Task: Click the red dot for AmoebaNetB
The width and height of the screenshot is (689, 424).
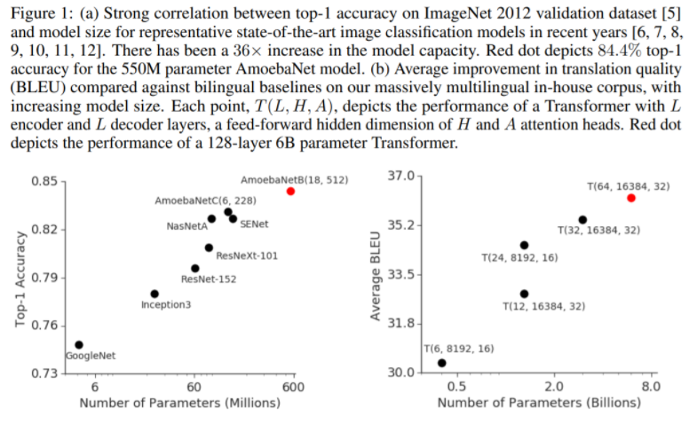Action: (290, 191)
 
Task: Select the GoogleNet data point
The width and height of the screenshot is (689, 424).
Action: (79, 344)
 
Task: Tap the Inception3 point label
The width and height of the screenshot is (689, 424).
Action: (166, 305)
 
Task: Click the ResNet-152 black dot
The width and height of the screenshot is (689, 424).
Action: (195, 268)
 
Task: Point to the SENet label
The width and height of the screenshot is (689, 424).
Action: (254, 224)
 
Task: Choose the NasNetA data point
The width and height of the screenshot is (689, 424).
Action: (211, 218)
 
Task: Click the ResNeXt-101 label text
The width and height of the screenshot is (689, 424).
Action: (247, 256)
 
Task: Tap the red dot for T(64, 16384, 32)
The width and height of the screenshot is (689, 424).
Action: (630, 198)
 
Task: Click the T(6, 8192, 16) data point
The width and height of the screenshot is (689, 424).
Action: (442, 363)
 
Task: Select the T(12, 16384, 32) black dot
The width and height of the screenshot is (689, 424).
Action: (524, 294)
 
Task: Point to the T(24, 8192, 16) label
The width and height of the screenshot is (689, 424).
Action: (519, 258)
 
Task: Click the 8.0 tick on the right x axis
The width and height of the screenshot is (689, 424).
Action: (650, 388)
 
